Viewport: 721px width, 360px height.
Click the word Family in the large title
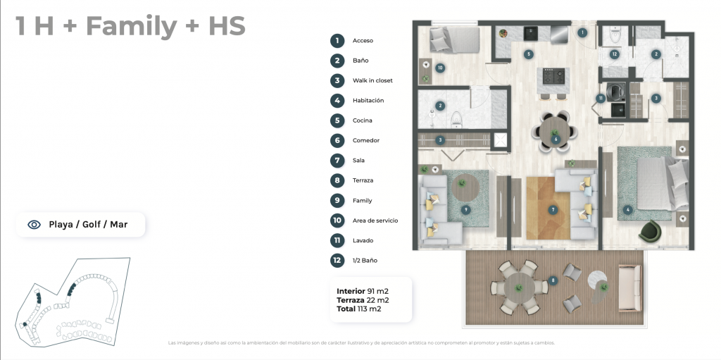click(132, 27)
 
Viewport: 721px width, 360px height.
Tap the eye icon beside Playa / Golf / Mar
click(34, 225)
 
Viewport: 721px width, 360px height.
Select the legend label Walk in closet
click(372, 80)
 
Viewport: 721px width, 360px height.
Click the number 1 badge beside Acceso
click(337, 41)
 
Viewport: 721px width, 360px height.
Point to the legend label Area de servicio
click(375, 221)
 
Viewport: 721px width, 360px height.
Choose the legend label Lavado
click(363, 240)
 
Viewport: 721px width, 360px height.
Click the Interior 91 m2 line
click(363, 291)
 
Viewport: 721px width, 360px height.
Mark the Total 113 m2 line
click(358, 309)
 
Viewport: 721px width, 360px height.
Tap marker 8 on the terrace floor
click(553, 280)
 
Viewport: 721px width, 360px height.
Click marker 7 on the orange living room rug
click(553, 210)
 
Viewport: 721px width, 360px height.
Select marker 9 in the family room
click(466, 210)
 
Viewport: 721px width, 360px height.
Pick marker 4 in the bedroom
click(627, 210)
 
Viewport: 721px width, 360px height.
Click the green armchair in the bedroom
click(649, 230)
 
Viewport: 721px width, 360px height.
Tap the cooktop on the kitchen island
click(551, 75)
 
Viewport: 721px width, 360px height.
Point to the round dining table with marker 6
click(555, 132)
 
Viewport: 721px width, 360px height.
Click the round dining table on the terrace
click(520, 287)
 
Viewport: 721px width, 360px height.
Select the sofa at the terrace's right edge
click(629, 287)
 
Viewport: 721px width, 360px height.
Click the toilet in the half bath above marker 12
click(615, 34)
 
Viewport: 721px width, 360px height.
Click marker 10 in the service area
click(440, 68)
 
